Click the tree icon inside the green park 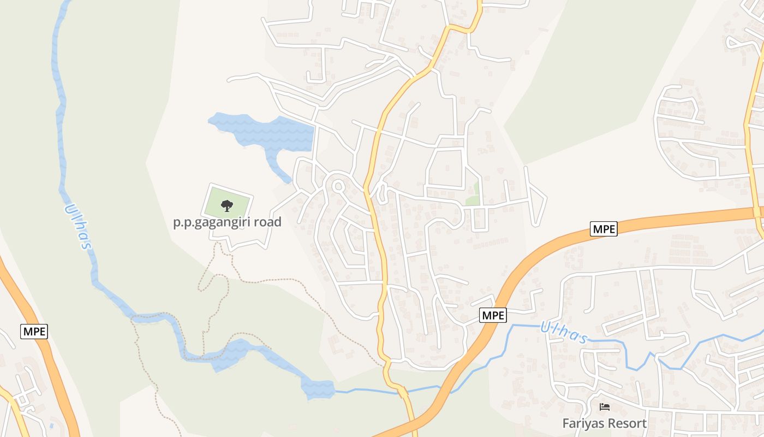[226, 205]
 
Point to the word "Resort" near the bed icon [628, 423]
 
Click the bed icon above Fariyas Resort [605, 407]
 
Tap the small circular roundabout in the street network [338, 186]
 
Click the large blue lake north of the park [273, 131]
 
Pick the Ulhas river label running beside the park [77, 227]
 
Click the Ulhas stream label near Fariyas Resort [564, 333]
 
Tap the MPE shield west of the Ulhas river [34, 331]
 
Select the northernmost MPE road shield [604, 229]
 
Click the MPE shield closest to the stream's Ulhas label [493, 315]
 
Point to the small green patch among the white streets [473, 197]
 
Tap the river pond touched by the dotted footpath [232, 354]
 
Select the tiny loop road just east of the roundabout [381, 192]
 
